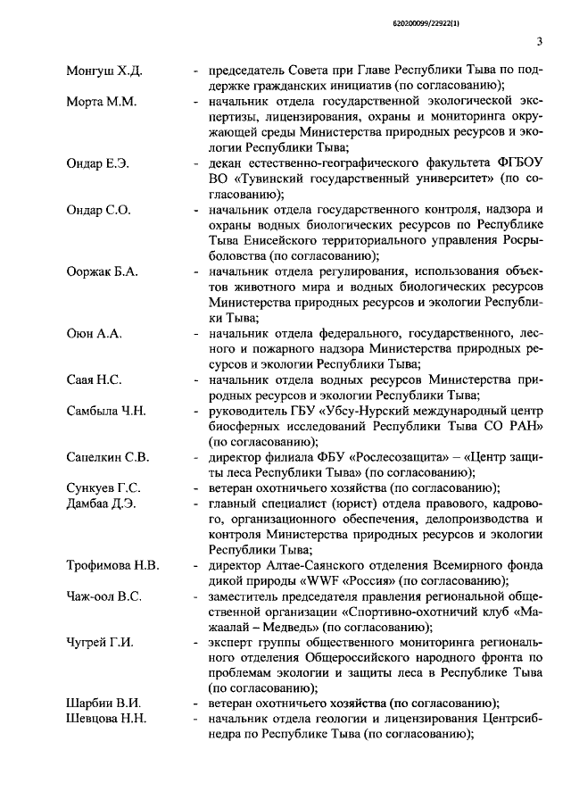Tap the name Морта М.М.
tap(102, 102)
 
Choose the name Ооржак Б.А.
tap(103, 271)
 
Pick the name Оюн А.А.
tap(94, 333)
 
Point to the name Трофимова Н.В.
tap(113, 565)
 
